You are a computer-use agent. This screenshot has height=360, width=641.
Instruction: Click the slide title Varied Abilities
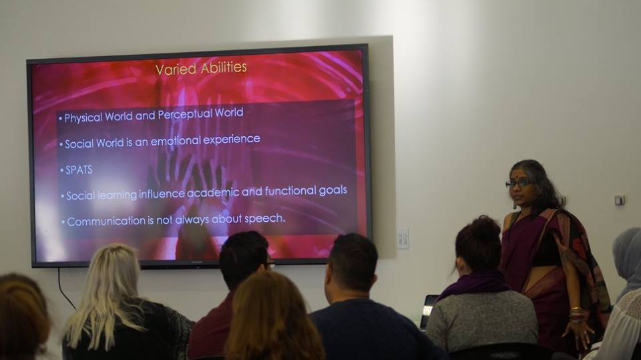(201, 68)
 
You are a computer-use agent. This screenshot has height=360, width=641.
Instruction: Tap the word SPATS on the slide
(79, 170)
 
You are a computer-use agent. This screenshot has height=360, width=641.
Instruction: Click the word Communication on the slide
(106, 222)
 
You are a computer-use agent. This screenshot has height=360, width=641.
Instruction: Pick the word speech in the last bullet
(265, 219)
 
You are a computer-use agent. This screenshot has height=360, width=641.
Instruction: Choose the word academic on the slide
(219, 192)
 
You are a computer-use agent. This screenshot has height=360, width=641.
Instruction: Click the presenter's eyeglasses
(517, 184)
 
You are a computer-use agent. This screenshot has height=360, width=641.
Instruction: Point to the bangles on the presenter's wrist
(577, 314)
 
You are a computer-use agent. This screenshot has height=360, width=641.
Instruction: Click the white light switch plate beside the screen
(403, 239)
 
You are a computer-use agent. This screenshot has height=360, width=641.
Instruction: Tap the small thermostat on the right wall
(620, 200)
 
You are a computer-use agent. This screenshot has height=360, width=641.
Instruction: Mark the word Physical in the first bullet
(83, 118)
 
